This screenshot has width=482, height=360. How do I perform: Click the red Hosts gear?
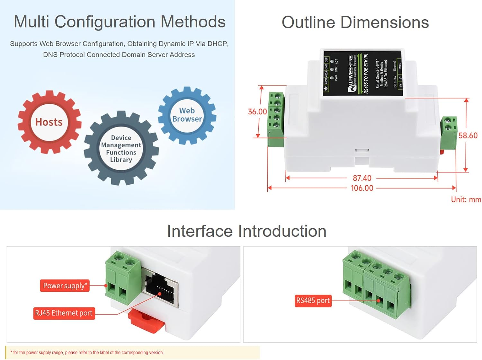[x=49, y=122]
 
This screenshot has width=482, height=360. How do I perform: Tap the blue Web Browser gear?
[x=187, y=115]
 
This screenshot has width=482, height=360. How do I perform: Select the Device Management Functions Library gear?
[x=121, y=148]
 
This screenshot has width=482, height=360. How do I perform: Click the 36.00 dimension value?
[x=257, y=111]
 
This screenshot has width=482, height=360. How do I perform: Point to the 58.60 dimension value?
[x=468, y=136]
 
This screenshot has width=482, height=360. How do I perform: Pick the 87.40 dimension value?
[x=362, y=178]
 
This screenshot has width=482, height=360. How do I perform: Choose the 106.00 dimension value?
[x=362, y=188]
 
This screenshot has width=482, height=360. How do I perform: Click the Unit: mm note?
[x=466, y=199]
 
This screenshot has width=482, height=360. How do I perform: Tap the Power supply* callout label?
[x=65, y=285]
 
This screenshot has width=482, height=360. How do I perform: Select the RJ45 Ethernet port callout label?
[x=64, y=313]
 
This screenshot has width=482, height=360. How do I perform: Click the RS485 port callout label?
[x=313, y=301]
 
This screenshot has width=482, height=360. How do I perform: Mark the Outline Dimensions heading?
[x=355, y=22]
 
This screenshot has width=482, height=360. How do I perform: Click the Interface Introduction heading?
[x=246, y=231]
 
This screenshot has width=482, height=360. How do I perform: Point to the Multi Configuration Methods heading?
[x=120, y=22]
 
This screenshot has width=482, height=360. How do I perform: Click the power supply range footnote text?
[x=87, y=353]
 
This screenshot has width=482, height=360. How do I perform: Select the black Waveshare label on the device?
[x=363, y=74]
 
